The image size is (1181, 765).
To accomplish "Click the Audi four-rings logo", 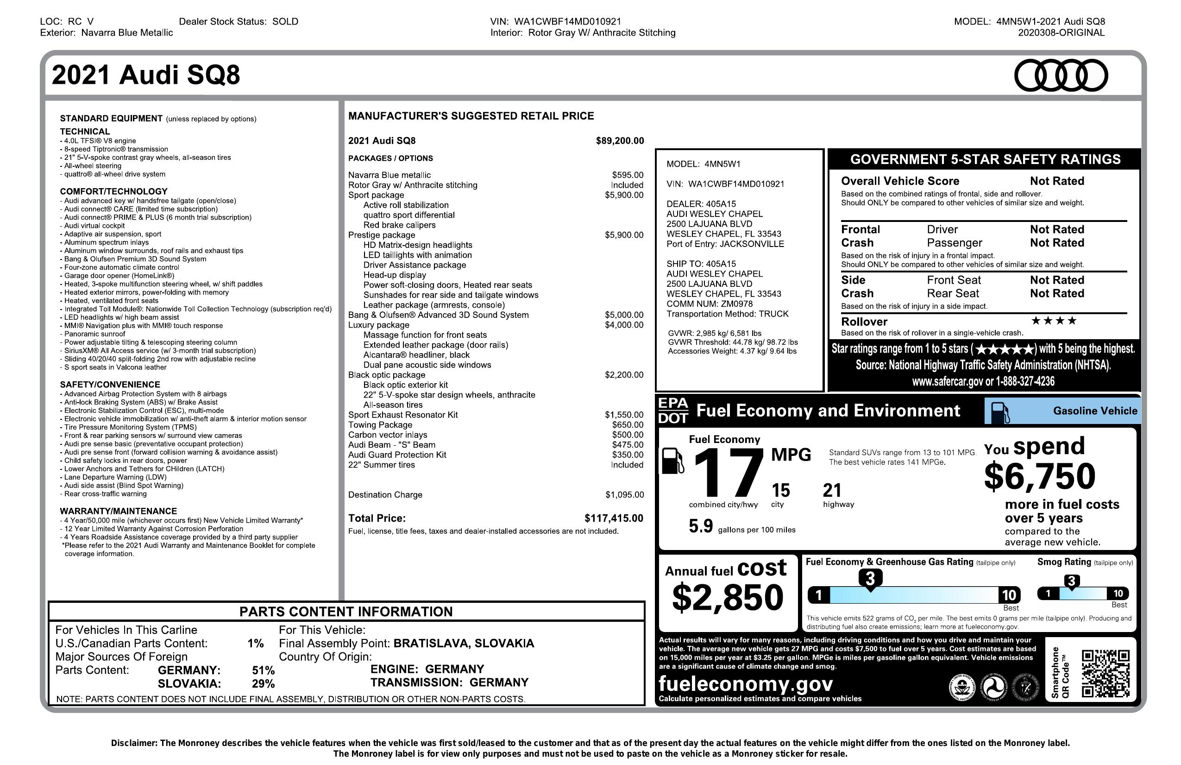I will point(1061,76).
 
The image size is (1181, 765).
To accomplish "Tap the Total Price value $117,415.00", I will point(613,518).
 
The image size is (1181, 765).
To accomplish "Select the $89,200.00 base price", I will point(620,141).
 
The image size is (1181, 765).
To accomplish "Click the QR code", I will point(1105,673).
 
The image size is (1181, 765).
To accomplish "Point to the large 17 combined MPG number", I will point(728,473).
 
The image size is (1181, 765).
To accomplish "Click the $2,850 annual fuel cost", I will point(728,597).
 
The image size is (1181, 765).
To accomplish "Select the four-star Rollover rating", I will point(1054,321).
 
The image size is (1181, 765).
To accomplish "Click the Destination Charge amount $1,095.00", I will point(624,495).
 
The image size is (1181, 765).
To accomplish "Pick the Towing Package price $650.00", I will point(627,425).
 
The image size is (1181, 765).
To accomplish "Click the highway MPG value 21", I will point(832,491).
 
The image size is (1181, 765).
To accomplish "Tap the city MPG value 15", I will point(780,491).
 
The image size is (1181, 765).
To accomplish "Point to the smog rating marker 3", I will point(1071,581).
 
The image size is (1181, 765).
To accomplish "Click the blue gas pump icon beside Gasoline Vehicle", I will point(1000,412).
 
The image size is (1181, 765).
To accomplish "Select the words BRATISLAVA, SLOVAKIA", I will point(464,644).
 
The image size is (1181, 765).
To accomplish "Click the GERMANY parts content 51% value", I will point(263,670).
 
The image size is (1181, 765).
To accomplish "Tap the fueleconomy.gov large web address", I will point(745,684).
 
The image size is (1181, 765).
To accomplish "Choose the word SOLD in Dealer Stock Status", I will point(285,21).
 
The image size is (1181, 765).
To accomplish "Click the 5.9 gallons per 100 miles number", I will point(701,526).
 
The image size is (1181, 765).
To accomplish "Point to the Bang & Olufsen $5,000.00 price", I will point(624,315).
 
